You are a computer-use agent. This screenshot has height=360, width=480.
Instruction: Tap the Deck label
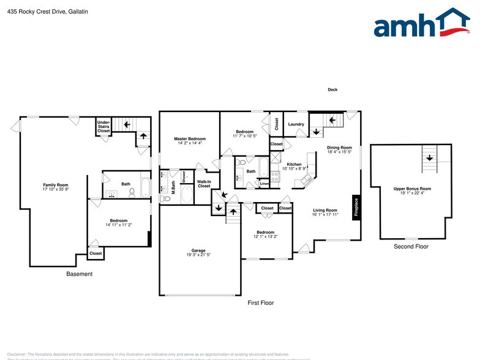pos(332,89)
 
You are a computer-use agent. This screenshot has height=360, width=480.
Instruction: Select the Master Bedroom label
pos(190,139)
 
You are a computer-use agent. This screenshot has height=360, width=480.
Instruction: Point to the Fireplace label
pos(356,206)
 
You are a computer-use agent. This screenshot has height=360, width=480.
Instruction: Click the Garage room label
pos(198,250)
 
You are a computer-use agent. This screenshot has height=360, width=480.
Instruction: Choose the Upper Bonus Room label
pos(412,189)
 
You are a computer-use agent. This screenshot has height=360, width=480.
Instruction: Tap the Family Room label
pos(55,185)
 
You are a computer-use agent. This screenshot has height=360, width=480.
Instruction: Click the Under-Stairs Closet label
pos(103,127)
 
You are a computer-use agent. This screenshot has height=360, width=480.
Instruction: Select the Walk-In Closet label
pos(204,184)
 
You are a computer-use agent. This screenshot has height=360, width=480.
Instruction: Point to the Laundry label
pos(296,125)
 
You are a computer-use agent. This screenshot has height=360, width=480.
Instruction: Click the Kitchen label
pos(294,164)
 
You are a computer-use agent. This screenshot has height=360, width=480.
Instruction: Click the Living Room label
pos(325,210)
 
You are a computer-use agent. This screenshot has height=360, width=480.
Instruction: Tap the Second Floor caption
pos(411,247)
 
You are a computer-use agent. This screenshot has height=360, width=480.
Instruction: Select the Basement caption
pos(80,274)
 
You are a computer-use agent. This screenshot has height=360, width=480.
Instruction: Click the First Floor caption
pos(260,303)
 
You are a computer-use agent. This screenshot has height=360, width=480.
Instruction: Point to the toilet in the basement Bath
pos(132,192)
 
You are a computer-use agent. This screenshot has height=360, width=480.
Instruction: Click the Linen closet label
pos(264,184)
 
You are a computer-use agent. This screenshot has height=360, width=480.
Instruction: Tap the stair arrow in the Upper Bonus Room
pos(429,157)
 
